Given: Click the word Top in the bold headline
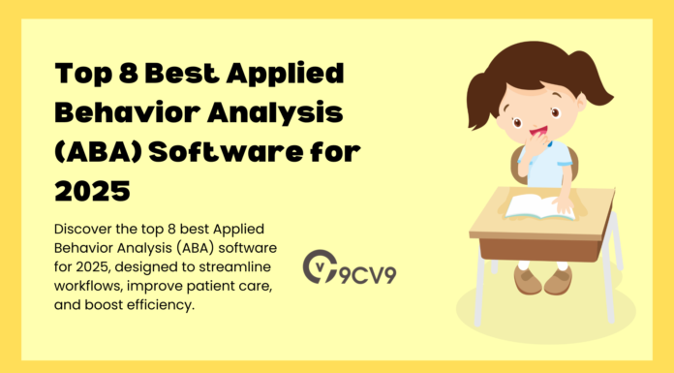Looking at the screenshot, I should tap(79, 77).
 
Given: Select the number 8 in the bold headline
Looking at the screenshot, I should tap(123, 77).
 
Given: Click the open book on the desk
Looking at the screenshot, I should tap(538, 204).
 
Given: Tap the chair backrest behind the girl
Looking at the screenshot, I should tap(571, 165).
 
